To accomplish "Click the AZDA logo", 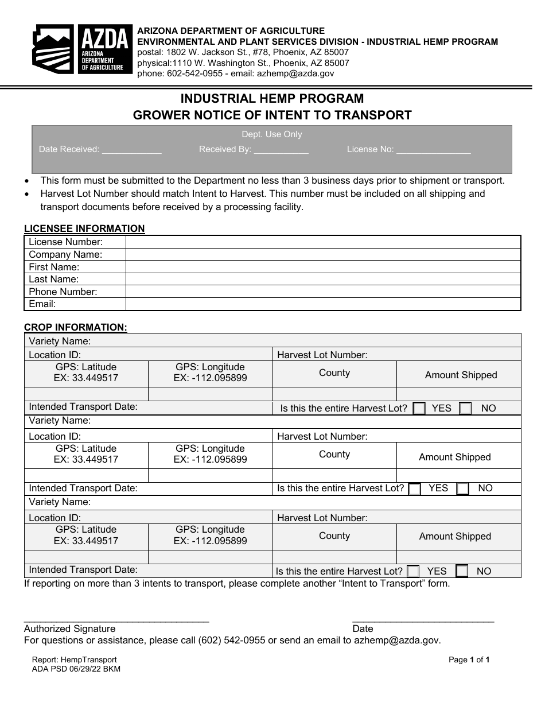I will click(82, 49).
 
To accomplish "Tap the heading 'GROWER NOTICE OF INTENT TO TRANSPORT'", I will click(272, 115).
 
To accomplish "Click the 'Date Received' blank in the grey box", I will click(131, 150).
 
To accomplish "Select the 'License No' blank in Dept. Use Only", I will click(433, 150).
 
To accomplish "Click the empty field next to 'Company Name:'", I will click(322, 254).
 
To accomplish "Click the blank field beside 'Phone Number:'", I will click(322, 292).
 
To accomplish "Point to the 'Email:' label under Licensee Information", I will click(43, 304).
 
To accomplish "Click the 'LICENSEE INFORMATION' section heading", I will click(84, 228).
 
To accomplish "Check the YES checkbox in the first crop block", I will click(419, 409).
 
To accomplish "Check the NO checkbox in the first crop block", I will click(465, 409).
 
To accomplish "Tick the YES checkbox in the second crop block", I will click(415, 489).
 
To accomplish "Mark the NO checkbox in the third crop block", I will click(462, 571).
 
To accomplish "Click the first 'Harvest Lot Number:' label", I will click(322, 355).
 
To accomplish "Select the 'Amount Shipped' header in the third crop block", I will click(455, 537).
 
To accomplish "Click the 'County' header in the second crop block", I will click(334, 455).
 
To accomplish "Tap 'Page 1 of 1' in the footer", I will click(469, 660).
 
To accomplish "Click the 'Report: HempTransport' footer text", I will click(75, 660).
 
